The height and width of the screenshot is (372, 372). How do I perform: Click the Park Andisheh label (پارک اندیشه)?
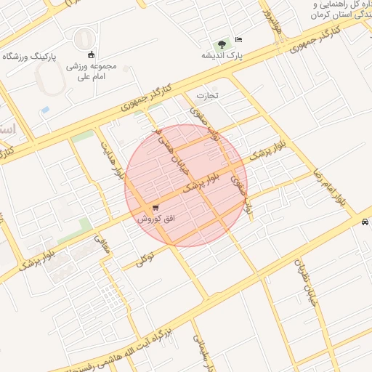pos(222,55)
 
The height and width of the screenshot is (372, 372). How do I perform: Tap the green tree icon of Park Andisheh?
pos(222,43)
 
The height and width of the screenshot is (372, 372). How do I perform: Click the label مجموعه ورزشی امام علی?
pos(92,71)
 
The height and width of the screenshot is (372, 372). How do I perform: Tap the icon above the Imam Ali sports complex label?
pos(91,54)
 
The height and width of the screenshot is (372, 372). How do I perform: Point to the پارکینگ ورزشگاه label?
pos(30,56)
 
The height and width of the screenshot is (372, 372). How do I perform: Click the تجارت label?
pos(207,95)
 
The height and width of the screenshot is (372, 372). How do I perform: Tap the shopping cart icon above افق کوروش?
pos(155,209)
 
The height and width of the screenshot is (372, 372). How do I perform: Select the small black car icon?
pos(364,223)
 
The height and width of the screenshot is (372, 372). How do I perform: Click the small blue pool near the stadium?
pos(46,110)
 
